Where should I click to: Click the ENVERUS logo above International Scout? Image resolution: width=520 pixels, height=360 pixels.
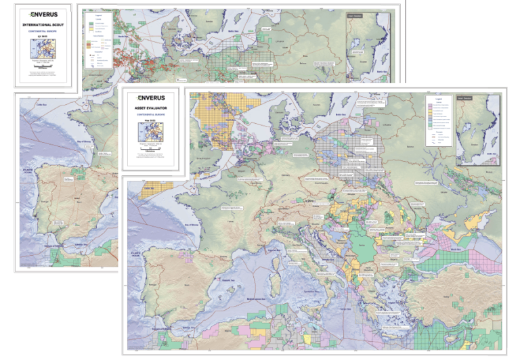click(43, 14)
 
